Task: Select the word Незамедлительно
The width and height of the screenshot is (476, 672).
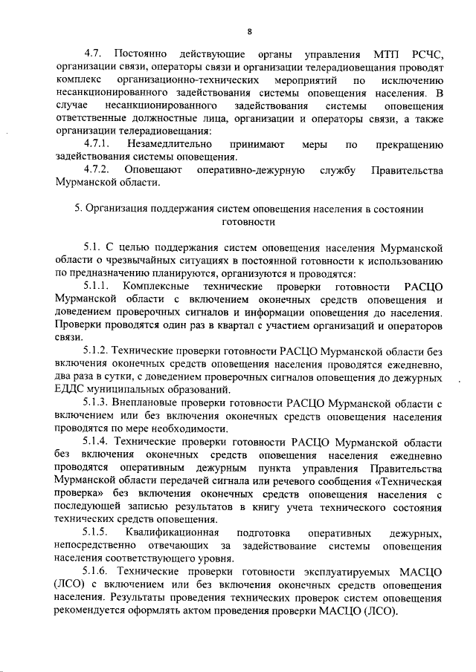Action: [x=167, y=143]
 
